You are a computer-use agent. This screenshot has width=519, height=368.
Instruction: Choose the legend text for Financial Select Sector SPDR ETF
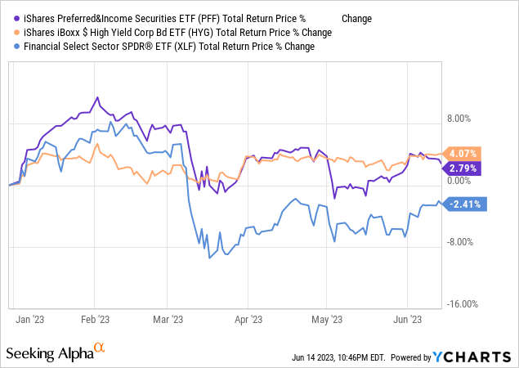click(163, 46)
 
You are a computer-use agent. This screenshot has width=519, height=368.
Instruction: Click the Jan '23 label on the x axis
click(29, 320)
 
